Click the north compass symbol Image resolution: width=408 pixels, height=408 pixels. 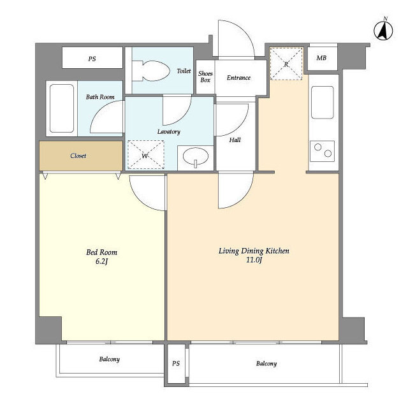tap(383, 30)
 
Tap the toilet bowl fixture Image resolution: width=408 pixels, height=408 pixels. tap(151, 71)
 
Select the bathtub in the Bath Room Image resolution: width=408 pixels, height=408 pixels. tap(62, 108)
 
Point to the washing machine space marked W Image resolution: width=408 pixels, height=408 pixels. tap(146, 154)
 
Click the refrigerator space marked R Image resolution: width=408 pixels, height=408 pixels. tap(286, 64)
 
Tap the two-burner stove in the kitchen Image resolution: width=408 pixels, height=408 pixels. tap(323, 151)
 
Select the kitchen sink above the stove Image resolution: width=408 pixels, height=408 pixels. tap(323, 103)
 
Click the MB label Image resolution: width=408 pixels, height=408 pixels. tap(321, 58)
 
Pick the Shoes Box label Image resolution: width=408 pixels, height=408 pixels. tap(205, 76)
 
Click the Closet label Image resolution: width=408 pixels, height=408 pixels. tap(78, 156)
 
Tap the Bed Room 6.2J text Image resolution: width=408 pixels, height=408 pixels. tap(102, 256)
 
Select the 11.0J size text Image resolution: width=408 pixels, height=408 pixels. tap(254, 259)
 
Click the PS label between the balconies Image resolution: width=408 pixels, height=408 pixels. tap(176, 363)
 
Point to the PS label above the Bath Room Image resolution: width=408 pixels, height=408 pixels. tap(92, 59)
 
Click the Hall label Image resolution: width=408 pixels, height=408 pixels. tap(235, 140)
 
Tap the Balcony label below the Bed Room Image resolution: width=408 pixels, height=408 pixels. tap(109, 360)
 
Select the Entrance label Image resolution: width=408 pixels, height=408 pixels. tap(238, 78)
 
